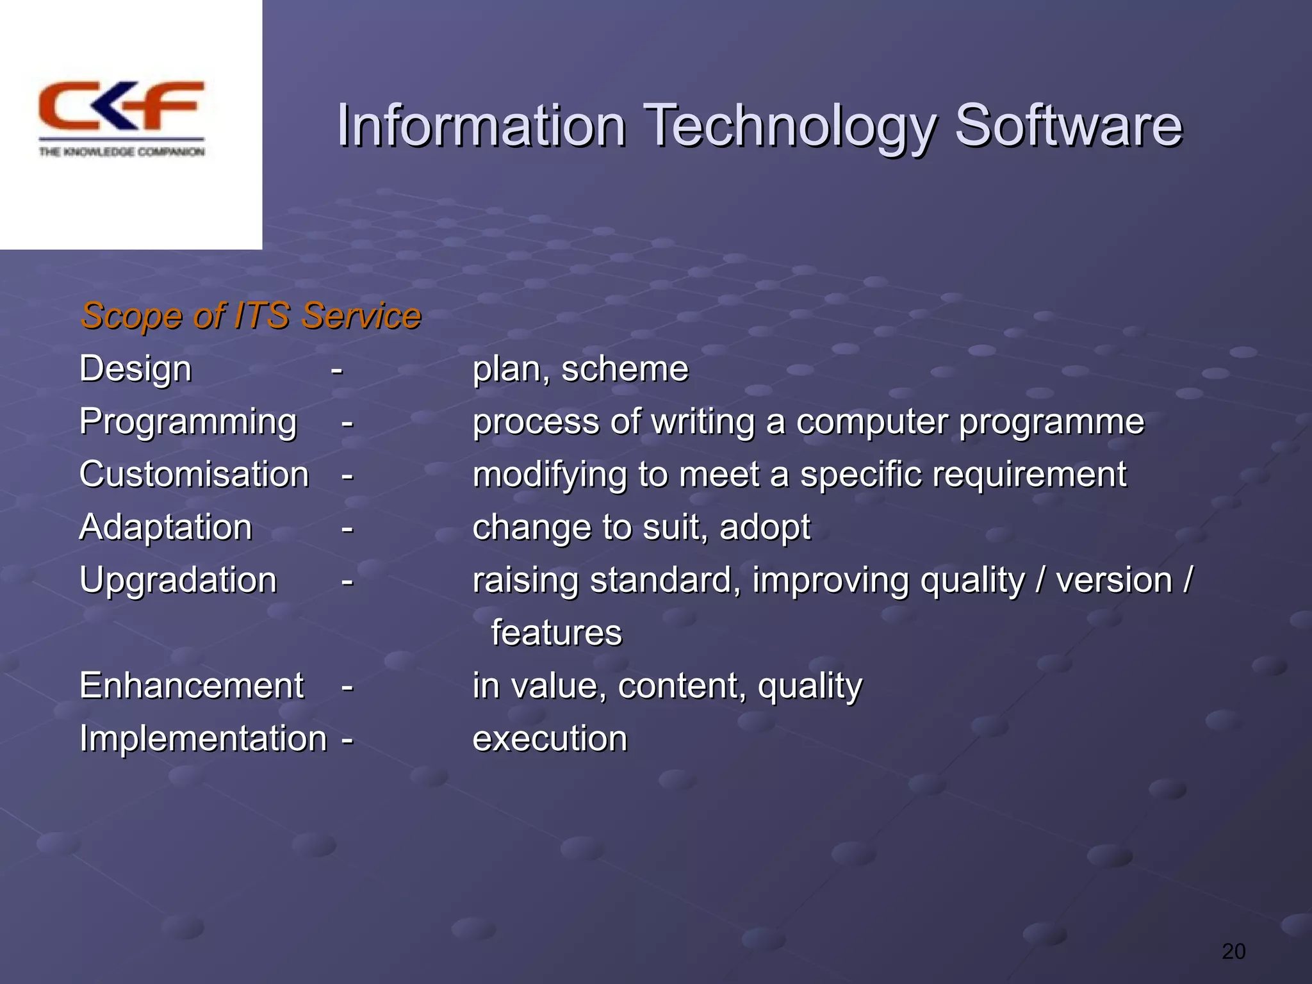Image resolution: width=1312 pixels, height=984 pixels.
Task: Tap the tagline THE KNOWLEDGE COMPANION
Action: click(122, 152)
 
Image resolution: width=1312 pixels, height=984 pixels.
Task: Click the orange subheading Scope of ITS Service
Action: click(250, 316)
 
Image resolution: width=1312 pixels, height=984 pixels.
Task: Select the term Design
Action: click(135, 370)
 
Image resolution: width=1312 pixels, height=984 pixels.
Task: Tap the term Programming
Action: click(188, 422)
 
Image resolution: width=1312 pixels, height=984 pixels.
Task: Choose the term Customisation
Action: click(194, 475)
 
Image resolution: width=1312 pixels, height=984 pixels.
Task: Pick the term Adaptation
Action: click(165, 527)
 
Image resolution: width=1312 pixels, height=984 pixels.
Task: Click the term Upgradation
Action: click(178, 580)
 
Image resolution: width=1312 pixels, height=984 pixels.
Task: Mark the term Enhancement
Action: click(191, 685)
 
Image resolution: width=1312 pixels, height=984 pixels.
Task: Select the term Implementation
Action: click(203, 738)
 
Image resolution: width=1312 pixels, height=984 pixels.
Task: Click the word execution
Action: click(550, 738)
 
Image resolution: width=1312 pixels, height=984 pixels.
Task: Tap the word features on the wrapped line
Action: click(556, 633)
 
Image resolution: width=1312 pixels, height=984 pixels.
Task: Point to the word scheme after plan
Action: click(625, 370)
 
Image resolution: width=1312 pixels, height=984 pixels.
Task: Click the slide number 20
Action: click(1233, 951)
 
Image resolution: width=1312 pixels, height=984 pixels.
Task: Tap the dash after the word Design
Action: click(337, 370)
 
